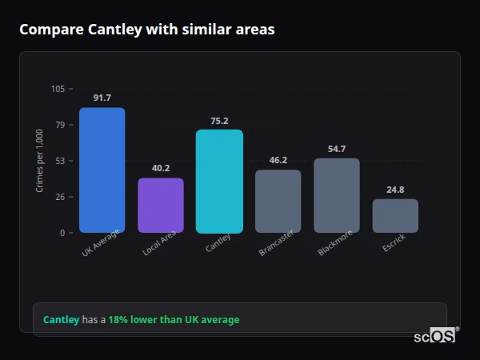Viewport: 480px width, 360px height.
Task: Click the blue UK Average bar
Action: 102,170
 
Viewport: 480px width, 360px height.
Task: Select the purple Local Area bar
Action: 161,206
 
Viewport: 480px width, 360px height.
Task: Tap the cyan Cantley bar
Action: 219,182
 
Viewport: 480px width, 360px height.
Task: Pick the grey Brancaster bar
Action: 278,202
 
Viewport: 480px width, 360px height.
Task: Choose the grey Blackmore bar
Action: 337,195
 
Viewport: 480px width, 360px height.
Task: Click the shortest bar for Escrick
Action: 395,216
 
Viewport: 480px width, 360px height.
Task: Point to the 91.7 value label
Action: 102,98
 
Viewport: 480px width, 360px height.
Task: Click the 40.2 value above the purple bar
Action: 161,168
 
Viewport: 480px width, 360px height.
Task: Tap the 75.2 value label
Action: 219,121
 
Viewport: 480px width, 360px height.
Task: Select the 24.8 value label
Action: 395,190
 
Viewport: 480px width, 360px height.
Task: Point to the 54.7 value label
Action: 337,149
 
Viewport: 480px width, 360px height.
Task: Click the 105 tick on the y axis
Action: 58,89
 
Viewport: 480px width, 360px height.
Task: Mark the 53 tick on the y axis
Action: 60,161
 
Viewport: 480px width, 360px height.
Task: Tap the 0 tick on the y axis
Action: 62,233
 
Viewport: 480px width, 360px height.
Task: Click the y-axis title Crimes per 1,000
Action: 40,161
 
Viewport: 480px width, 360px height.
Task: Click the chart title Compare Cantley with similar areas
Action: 146,30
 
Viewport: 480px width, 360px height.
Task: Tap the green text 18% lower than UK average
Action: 174,320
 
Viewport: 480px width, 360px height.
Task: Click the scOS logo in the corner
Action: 434,336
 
